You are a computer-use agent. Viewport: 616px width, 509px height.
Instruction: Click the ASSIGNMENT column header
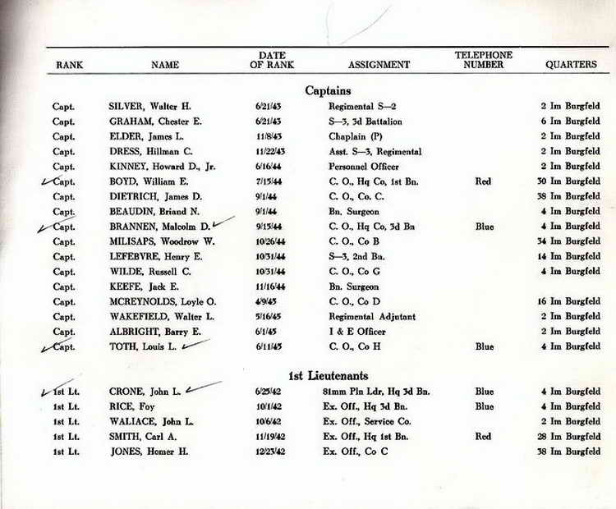tap(379, 64)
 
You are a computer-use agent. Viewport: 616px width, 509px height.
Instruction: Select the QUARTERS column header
tap(571, 64)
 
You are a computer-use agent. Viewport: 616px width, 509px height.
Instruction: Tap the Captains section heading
tap(328, 90)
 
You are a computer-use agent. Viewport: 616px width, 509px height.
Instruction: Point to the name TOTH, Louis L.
tap(142, 347)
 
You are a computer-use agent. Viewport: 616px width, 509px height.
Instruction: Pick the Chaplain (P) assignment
tap(357, 136)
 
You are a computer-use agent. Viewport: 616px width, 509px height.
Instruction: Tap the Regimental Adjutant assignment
tap(372, 317)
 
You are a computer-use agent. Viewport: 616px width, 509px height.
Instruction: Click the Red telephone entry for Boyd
tap(483, 181)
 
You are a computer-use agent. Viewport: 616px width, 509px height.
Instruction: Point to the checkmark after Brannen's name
tap(223, 223)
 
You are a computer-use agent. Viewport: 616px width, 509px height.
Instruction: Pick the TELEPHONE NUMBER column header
tap(483, 59)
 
